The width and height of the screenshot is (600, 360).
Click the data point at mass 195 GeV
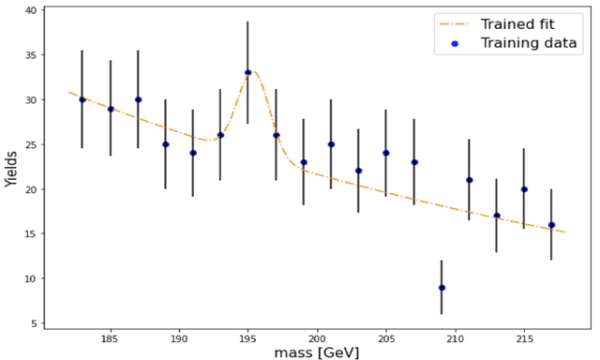pyautogui.click(x=248, y=72)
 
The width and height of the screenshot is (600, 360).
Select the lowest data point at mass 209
pyautogui.click(x=442, y=288)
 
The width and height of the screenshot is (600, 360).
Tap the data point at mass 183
pyautogui.click(x=82, y=99)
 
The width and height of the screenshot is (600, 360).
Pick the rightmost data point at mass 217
pyautogui.click(x=551, y=225)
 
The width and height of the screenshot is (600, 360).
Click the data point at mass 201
pyautogui.click(x=331, y=144)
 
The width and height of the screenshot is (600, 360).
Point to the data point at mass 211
pyautogui.click(x=469, y=180)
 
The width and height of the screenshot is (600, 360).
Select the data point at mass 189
pyautogui.click(x=166, y=144)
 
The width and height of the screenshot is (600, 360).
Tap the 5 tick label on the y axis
pyautogui.click(x=33, y=324)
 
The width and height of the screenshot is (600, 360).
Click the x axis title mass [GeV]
pyautogui.click(x=316, y=352)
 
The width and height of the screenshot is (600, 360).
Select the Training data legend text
pyautogui.click(x=530, y=43)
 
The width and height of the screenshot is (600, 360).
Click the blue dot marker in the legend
pyautogui.click(x=455, y=43)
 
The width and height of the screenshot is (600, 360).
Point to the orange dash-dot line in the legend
pyautogui.click(x=455, y=23)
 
